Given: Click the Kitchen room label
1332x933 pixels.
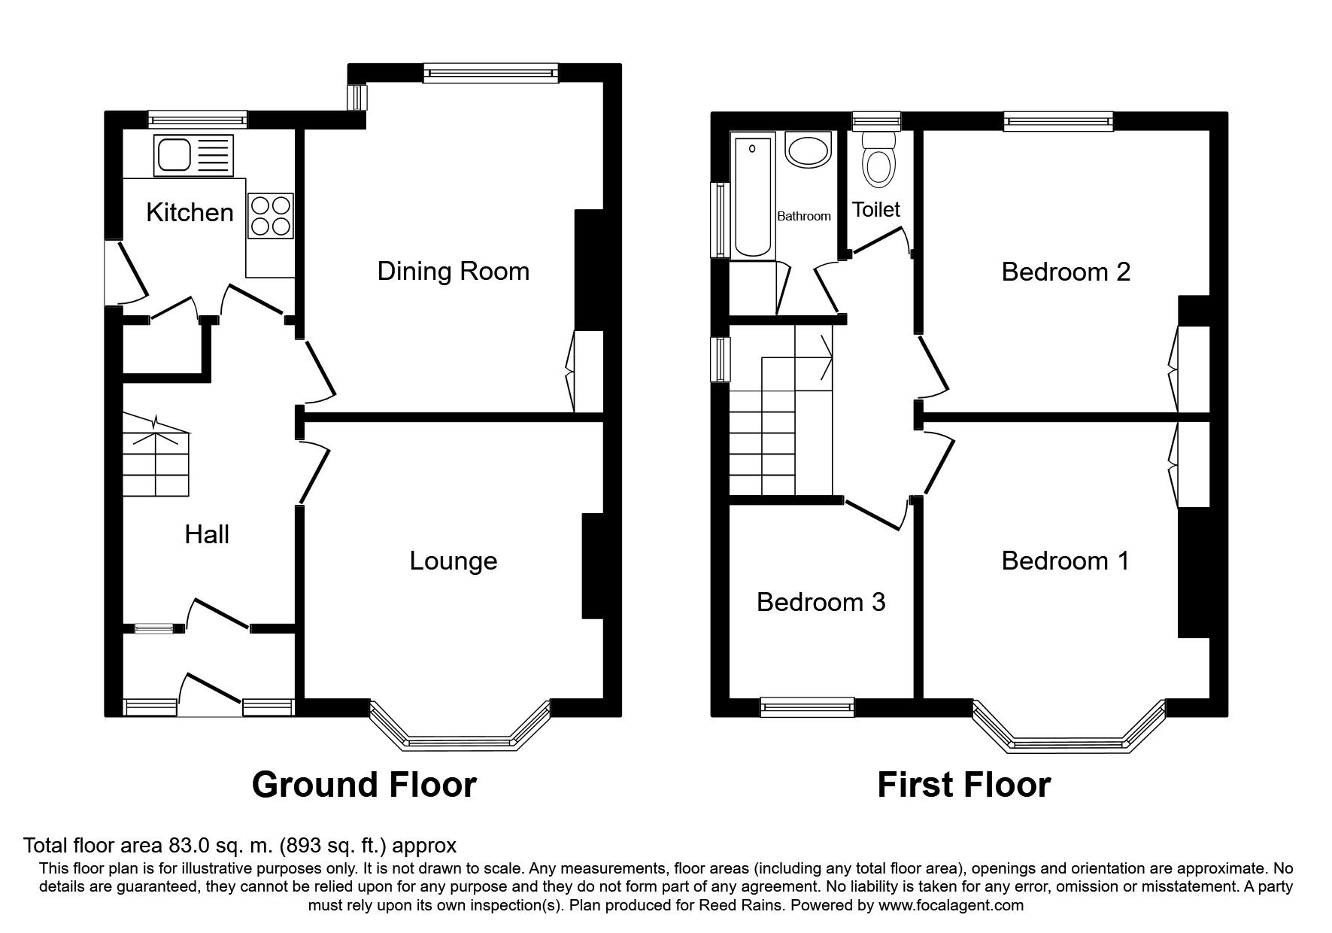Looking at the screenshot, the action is tap(190, 212).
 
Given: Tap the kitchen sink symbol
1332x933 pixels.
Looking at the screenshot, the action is tap(193, 154).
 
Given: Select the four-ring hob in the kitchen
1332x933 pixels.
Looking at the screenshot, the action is tap(270, 216).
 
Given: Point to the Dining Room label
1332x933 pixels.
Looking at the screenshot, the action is tap(454, 271).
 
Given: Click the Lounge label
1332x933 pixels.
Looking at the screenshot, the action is tap(454, 561).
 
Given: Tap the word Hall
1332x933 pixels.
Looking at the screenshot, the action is tap(207, 535).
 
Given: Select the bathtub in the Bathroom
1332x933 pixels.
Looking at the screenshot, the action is tap(754, 196).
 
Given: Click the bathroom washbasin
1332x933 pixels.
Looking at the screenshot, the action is tap(808, 150).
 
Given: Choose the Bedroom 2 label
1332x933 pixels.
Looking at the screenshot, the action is tap(1066, 272).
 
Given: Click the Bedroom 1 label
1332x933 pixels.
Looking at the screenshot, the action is tap(1066, 561).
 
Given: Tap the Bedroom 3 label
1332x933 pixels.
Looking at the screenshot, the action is tap(821, 602).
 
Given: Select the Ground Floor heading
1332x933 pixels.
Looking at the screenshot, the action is tap(364, 785).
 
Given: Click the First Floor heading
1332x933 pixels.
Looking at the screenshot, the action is tap(964, 785).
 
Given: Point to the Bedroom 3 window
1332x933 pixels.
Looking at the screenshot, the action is tap(808, 706).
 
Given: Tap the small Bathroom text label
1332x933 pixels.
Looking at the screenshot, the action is tap(804, 217).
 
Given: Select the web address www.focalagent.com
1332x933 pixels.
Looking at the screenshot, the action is tap(951, 906).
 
